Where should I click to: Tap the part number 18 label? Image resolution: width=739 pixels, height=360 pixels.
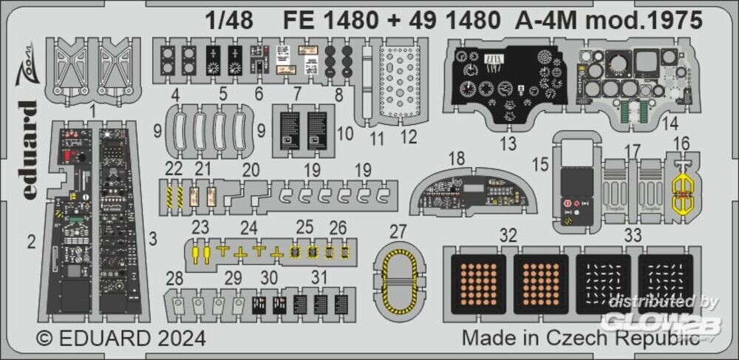(x=457, y=158)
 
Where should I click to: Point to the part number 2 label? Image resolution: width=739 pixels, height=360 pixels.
(x=31, y=240)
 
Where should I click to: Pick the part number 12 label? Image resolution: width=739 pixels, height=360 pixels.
(x=408, y=137)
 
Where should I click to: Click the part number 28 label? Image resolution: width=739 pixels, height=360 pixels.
(x=174, y=278)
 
